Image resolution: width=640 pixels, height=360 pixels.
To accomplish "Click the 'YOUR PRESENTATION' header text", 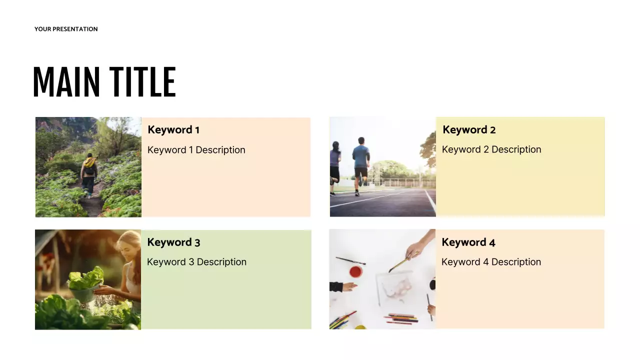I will (66, 29).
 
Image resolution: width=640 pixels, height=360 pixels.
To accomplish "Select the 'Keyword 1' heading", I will (173, 130).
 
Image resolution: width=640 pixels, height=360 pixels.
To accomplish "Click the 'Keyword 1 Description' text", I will (196, 150).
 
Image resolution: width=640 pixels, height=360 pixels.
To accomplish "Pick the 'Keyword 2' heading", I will (469, 130).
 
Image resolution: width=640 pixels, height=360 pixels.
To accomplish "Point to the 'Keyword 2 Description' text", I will (491, 149).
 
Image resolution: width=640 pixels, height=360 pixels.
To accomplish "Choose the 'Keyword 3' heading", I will (173, 242).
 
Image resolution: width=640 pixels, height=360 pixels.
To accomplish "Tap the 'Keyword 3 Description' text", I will (196, 262).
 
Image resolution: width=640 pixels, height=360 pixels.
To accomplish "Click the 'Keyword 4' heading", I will (468, 242).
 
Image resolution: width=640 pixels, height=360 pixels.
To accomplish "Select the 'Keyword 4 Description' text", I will (491, 262).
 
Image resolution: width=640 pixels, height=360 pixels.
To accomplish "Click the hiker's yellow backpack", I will (89, 163).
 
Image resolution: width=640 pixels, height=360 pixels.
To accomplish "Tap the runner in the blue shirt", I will (360, 162).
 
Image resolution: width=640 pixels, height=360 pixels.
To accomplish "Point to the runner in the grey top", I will (335, 165).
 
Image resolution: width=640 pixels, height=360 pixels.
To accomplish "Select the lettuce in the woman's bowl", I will (86, 279).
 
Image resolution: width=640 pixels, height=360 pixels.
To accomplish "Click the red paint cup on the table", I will (355, 272).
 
